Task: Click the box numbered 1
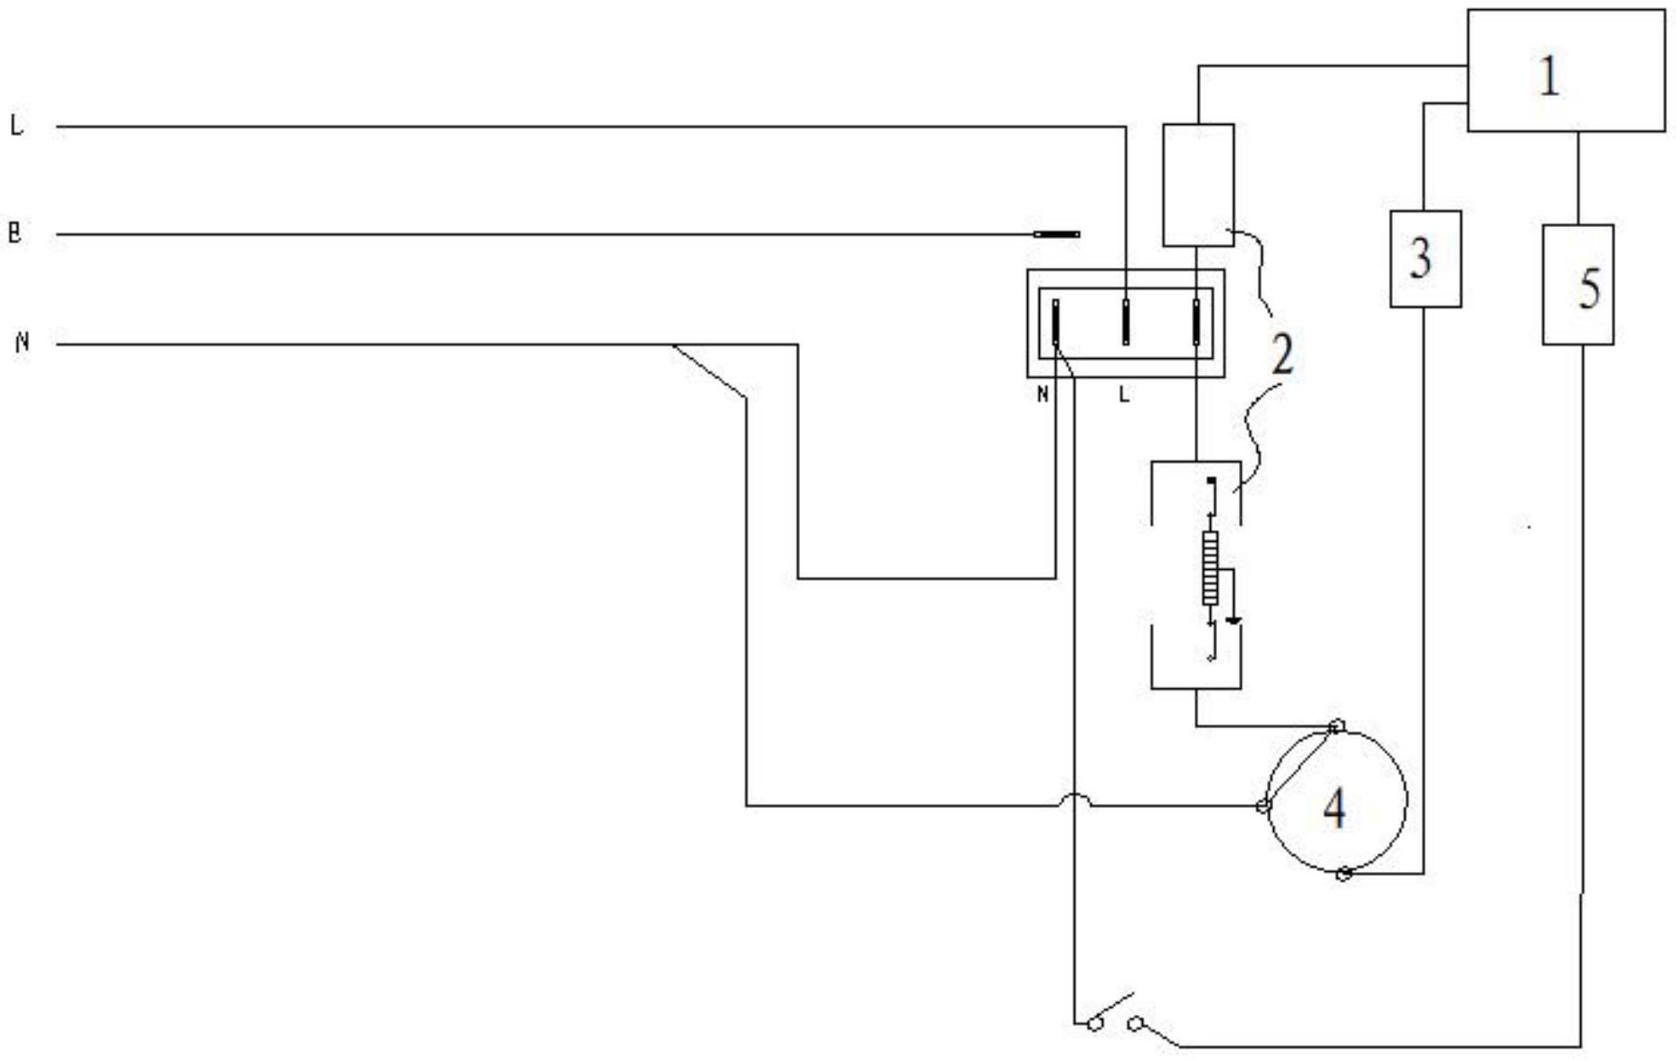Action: pos(1566,71)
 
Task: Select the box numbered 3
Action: pos(1425,259)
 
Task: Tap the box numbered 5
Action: pos(1578,285)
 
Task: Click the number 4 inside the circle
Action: pos(1335,807)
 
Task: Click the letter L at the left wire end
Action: pos(16,126)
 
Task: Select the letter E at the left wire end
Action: pos(14,233)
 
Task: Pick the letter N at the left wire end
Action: pos(23,343)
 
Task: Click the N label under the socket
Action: pos(1043,394)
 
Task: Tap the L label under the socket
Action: pos(1124,394)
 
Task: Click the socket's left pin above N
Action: pos(1055,322)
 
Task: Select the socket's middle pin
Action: pos(1126,322)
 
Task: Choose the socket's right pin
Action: pos(1196,322)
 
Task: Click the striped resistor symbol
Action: pos(1210,568)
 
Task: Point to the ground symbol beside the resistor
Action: pos(1233,621)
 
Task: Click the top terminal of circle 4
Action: pos(1338,726)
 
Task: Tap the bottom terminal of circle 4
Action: pos(1344,873)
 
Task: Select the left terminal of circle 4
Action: pos(1263,806)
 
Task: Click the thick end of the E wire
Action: pos(1057,234)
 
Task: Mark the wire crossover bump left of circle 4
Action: pos(1074,800)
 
